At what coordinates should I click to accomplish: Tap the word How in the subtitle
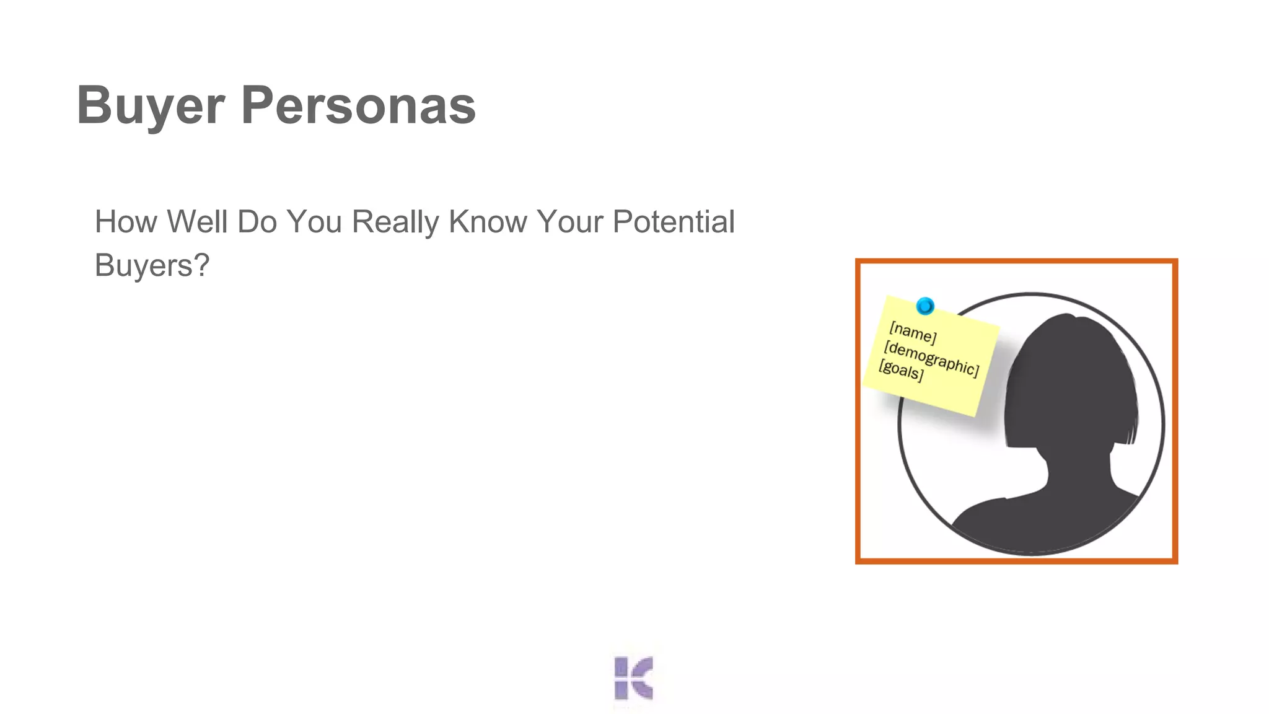126,222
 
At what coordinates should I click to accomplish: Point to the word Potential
674,222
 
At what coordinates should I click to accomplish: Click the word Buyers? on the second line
152,265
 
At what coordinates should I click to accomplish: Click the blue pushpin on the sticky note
924,306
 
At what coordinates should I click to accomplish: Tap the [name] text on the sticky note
912,333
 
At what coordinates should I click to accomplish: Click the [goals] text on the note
901,371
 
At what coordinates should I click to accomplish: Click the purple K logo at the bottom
633,678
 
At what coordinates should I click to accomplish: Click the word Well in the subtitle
198,222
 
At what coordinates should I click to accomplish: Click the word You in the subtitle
314,222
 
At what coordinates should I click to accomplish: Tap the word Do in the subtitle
257,222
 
